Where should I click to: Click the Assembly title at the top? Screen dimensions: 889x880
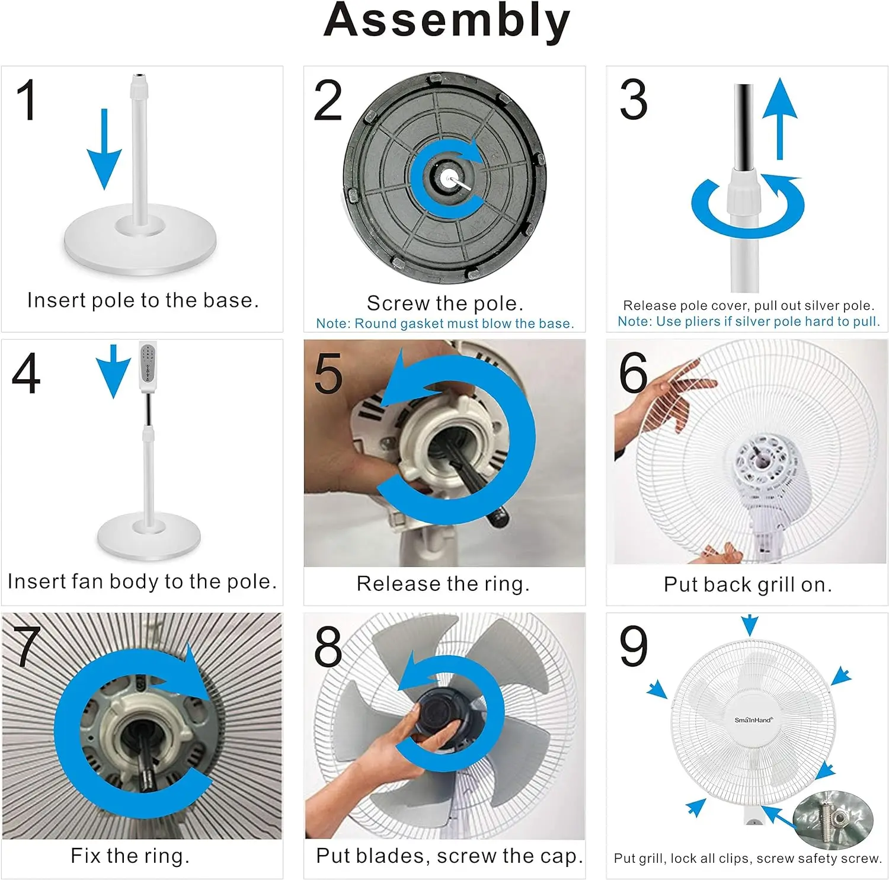[447, 21]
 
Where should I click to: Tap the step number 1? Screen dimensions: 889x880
[27, 100]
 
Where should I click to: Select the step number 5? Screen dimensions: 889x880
[328, 373]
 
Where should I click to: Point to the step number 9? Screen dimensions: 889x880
[634, 647]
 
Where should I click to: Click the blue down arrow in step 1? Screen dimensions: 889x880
[104, 149]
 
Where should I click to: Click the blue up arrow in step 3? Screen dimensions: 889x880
[779, 119]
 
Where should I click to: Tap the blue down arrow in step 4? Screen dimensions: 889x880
[113, 371]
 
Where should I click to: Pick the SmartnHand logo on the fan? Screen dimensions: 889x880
[753, 720]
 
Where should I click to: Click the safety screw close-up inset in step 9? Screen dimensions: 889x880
[833, 820]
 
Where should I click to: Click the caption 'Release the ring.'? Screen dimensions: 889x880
[443, 584]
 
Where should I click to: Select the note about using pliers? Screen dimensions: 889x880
[749, 322]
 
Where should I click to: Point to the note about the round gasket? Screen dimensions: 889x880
[445, 324]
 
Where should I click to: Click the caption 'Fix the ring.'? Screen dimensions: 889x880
[130, 856]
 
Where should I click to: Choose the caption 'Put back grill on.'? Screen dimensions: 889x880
[748, 585]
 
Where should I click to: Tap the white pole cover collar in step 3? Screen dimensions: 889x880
[744, 191]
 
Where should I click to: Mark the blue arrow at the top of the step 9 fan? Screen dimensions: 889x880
[750, 625]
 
